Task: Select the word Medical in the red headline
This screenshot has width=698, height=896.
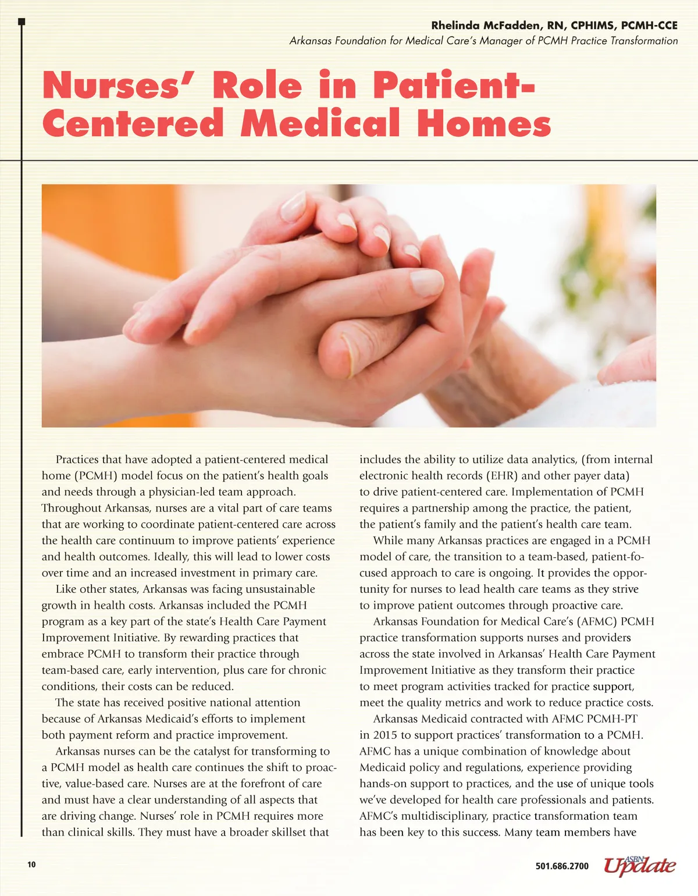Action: tap(320, 124)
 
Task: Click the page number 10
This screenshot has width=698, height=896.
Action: tap(31, 865)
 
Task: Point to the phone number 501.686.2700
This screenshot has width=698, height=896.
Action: tap(562, 866)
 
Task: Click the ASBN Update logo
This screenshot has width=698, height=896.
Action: tap(640, 865)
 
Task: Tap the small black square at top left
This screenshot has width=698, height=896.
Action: tap(22, 22)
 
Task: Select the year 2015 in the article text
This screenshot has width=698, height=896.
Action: tap(384, 735)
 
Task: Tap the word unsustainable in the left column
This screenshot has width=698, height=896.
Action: tap(280, 589)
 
